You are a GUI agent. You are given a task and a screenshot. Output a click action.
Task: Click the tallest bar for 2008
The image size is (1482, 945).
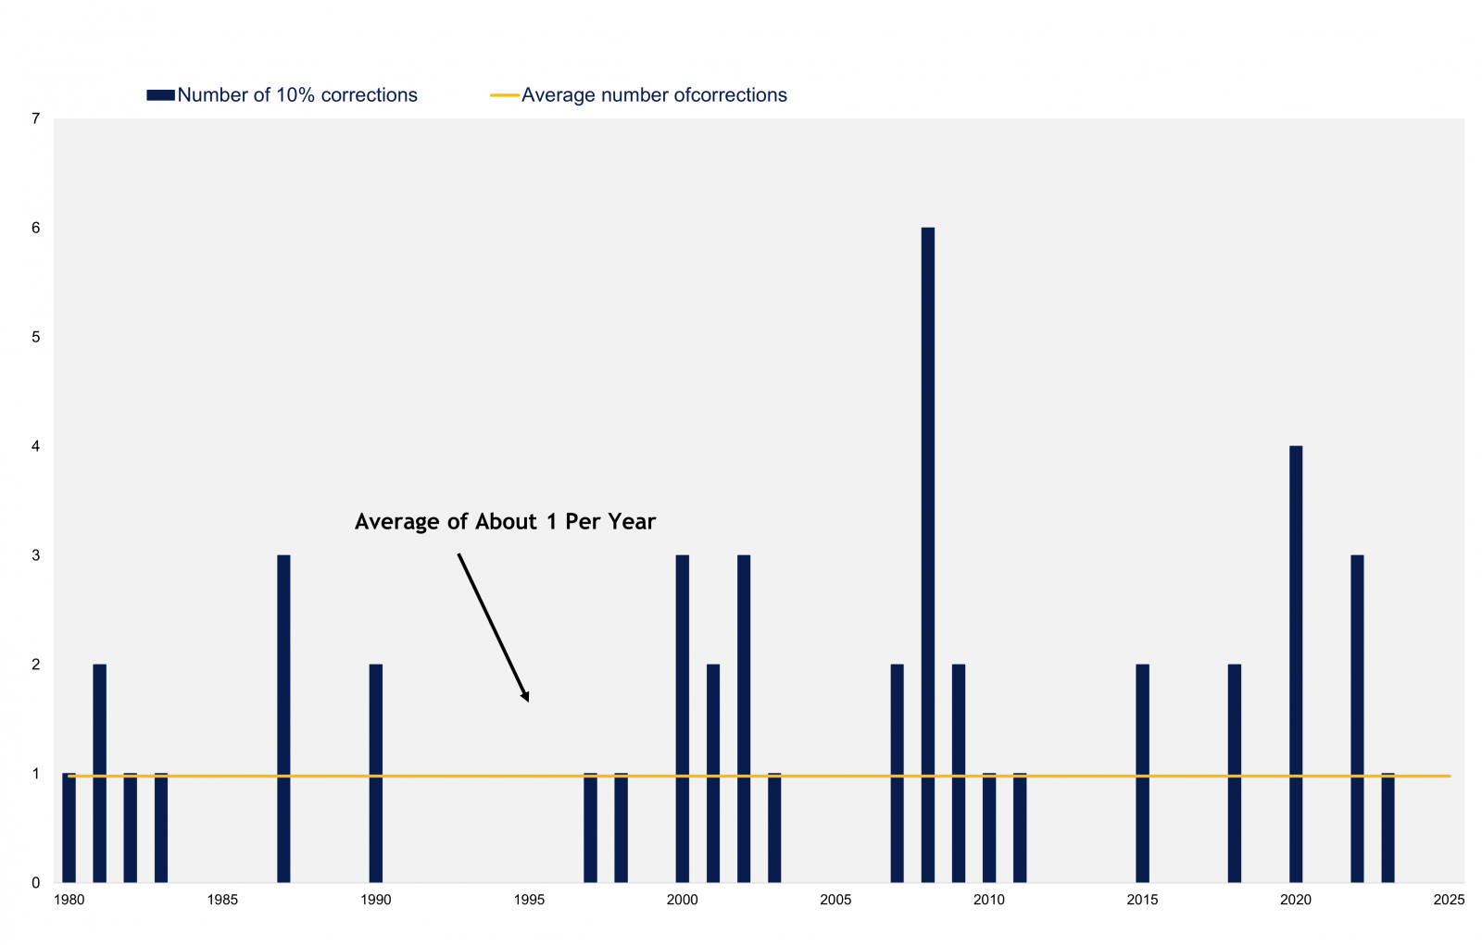(927, 554)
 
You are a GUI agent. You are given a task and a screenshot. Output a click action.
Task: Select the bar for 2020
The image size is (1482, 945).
(1296, 664)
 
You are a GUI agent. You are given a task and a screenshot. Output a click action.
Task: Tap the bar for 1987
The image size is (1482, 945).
(283, 718)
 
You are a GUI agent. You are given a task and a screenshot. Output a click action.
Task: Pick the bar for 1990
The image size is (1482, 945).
(376, 773)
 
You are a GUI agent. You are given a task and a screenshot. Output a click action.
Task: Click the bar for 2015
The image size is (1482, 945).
(1143, 773)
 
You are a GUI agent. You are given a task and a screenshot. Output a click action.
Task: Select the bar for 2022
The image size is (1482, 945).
(1357, 718)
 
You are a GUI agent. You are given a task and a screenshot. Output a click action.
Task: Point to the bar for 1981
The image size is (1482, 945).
(99, 773)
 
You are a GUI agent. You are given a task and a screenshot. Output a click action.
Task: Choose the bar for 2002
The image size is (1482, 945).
(744, 718)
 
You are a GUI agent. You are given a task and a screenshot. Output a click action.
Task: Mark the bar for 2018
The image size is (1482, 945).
(1235, 773)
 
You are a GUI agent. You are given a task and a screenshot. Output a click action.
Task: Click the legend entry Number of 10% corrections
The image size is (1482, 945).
(283, 95)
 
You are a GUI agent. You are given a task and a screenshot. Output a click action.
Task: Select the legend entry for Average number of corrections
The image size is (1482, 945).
(638, 95)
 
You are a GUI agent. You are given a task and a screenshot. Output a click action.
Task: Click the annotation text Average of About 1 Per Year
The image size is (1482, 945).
(505, 522)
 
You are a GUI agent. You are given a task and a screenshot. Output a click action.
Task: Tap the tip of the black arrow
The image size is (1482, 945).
(529, 701)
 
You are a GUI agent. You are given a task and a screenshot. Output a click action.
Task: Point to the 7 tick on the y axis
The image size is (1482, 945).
(36, 119)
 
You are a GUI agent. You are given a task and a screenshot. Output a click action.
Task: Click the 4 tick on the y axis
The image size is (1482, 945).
(36, 446)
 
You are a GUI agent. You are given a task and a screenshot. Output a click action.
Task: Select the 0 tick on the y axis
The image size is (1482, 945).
(36, 883)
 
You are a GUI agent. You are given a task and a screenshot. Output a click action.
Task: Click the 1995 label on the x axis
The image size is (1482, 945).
(529, 900)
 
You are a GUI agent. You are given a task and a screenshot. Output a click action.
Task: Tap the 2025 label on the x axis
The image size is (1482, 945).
(1449, 900)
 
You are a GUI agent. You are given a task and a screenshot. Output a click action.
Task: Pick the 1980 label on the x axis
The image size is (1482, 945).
(69, 900)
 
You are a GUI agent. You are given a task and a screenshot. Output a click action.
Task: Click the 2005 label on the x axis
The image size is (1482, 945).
(835, 900)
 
